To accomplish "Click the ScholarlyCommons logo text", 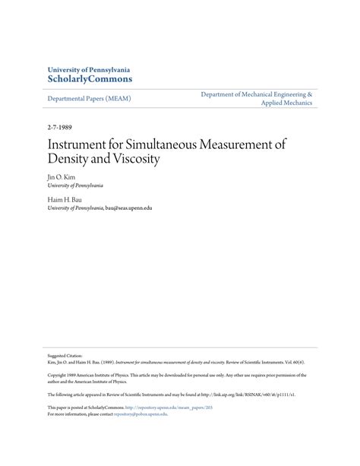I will [x=90, y=78].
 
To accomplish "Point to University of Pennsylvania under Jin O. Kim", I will [x=75, y=185].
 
